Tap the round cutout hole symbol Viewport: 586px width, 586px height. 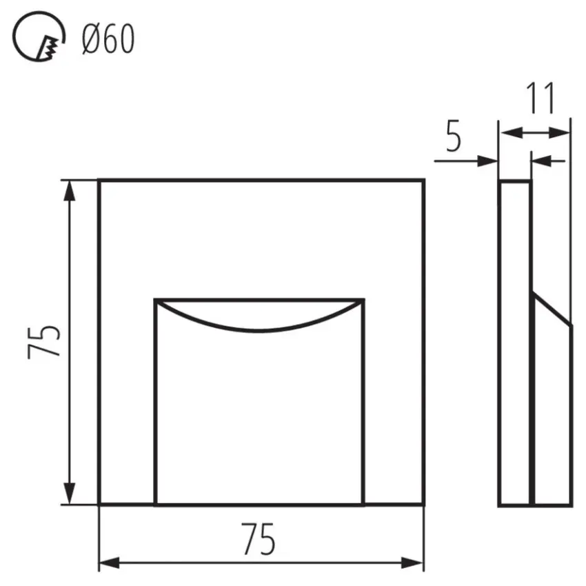41,40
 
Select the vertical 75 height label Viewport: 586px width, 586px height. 46,341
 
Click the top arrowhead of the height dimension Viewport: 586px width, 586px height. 69,190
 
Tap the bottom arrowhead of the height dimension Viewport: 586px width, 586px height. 69,495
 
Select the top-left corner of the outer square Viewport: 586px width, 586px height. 99,181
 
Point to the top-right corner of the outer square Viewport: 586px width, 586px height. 423,181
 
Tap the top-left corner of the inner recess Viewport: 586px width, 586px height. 156,300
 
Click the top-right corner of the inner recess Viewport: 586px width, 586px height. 363,300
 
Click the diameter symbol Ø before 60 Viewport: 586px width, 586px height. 90,40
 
